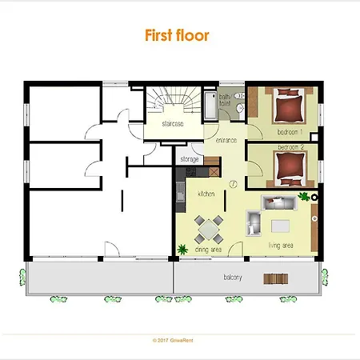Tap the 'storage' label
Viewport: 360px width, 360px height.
(189, 160)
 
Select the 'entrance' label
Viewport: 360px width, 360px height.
(226, 142)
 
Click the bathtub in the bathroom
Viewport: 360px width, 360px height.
(210, 104)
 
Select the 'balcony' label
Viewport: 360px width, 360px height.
(234, 278)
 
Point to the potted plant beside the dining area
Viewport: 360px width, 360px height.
(182, 249)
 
